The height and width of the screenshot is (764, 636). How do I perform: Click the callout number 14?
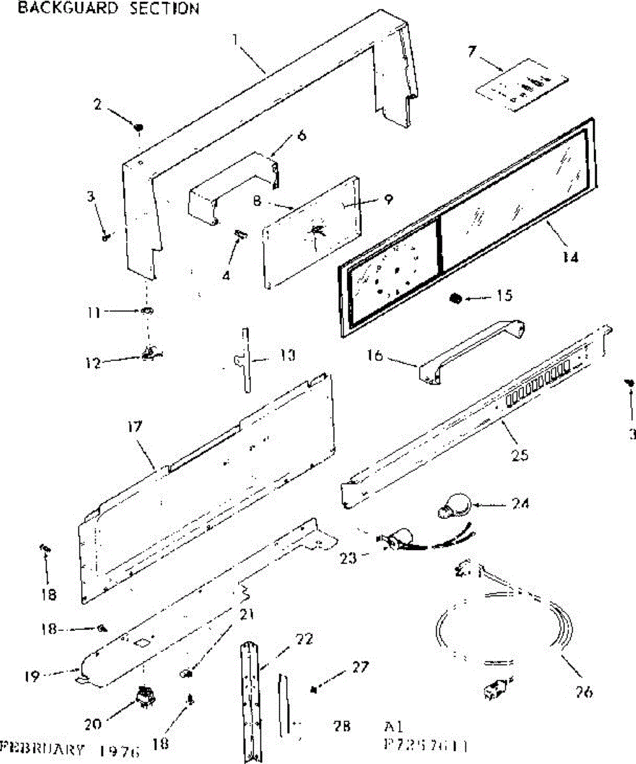tap(571, 257)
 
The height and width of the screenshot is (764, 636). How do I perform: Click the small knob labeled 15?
tap(456, 298)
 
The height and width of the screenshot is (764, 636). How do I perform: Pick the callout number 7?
tap(472, 52)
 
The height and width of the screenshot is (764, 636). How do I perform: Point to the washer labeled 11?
tap(146, 313)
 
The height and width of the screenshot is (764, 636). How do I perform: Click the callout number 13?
tap(287, 355)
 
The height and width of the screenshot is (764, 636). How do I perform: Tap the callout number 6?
tap(301, 135)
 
